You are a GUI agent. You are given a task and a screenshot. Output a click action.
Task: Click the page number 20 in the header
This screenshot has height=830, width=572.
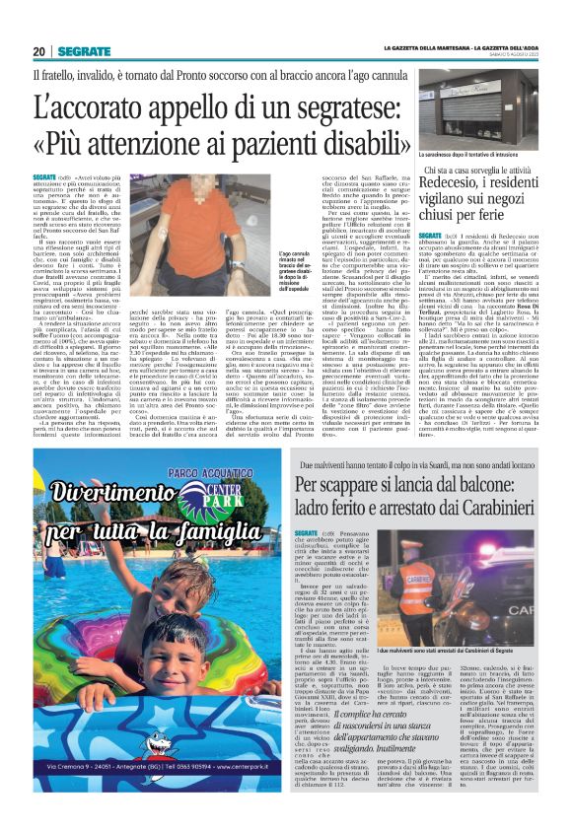[x=38, y=51]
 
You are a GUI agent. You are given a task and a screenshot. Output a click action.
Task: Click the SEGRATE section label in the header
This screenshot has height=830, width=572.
[x=82, y=51]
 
